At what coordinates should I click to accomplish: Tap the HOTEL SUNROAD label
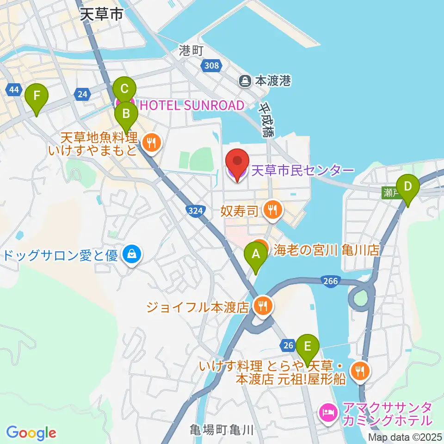pyautogui.click(x=191, y=105)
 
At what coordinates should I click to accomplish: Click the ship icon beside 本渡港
pyautogui.click(x=244, y=81)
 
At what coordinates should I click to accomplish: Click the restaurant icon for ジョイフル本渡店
pyautogui.click(x=263, y=306)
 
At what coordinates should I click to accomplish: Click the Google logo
pyautogui.click(x=31, y=433)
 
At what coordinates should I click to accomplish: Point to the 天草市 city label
pyautogui.click(x=101, y=14)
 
